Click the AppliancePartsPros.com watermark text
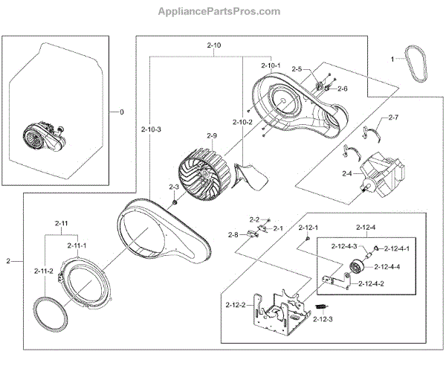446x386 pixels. click(x=220, y=11)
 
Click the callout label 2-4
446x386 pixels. click(x=346, y=174)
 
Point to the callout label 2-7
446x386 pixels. click(x=392, y=118)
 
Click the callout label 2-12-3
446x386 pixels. click(x=323, y=319)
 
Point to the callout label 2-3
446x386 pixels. click(x=174, y=187)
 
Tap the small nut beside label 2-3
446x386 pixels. click(x=172, y=202)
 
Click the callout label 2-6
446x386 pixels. click(x=342, y=89)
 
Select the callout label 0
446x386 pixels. click(x=122, y=112)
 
